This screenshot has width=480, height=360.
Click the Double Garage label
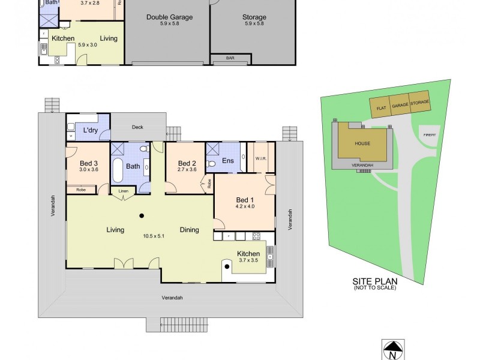point(170,17)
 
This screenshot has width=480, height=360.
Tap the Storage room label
point(255,17)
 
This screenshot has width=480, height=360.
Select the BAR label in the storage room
point(230,58)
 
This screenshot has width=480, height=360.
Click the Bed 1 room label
point(245,200)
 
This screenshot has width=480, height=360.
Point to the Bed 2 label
point(187,163)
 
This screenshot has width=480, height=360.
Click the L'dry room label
point(91,130)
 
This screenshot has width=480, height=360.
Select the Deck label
point(138,127)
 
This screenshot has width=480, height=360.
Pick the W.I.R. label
point(260,159)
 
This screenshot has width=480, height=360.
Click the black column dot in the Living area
point(142,216)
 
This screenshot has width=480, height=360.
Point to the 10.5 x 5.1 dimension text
point(153,235)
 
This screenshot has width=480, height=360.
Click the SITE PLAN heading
point(374,281)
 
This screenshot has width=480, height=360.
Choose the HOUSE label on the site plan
point(362,144)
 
